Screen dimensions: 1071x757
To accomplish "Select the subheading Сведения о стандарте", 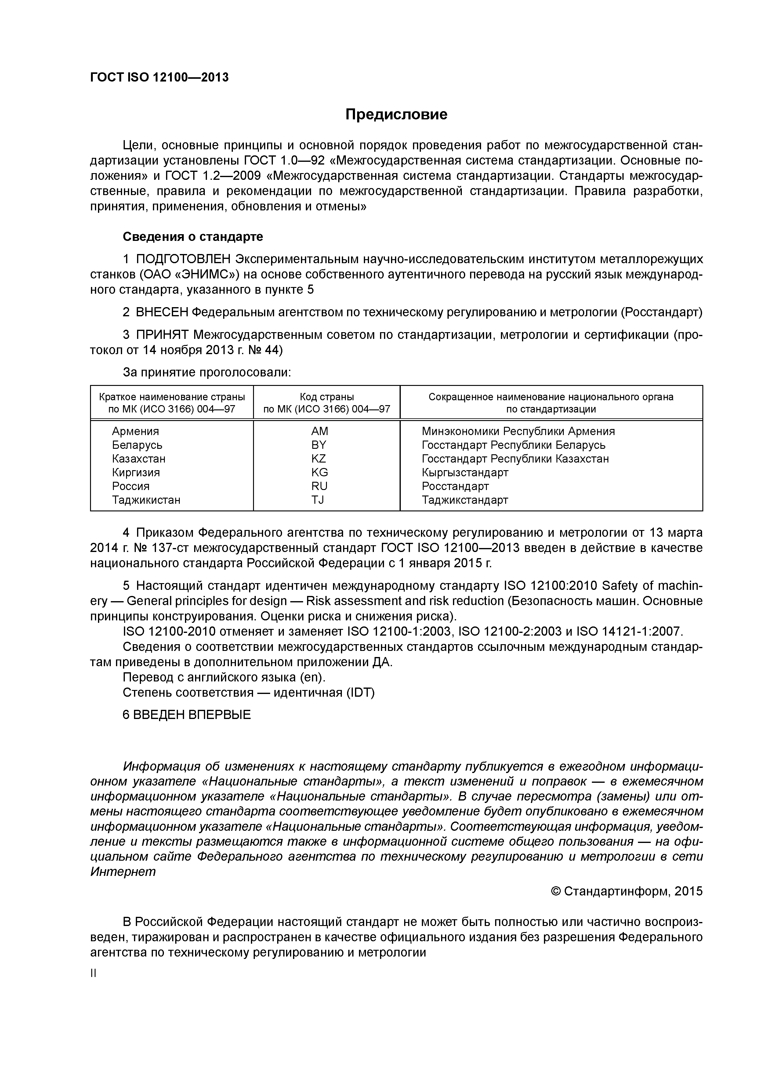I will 193,237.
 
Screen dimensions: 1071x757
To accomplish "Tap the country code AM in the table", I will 320,431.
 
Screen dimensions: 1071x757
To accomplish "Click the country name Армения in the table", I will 135,431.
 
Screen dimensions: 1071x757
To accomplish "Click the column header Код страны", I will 327,397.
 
